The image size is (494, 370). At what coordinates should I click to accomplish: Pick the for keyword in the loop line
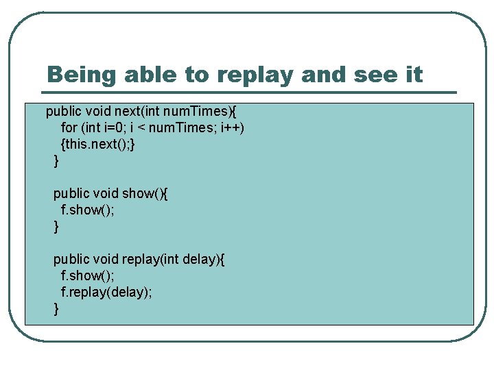[x=69, y=127]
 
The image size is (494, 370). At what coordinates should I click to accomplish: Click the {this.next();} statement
[x=102, y=144]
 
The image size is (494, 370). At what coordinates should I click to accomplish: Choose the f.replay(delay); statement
[x=106, y=292]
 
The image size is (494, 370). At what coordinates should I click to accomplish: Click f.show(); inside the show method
[x=88, y=210]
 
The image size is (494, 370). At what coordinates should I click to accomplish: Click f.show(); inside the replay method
[x=88, y=275]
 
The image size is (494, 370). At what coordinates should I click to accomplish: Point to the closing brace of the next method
[x=56, y=160]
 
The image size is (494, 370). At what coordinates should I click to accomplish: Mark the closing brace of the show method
[x=56, y=226]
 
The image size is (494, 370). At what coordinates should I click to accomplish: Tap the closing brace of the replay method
[x=56, y=308]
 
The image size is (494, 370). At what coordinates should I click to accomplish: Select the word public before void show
[x=70, y=193]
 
